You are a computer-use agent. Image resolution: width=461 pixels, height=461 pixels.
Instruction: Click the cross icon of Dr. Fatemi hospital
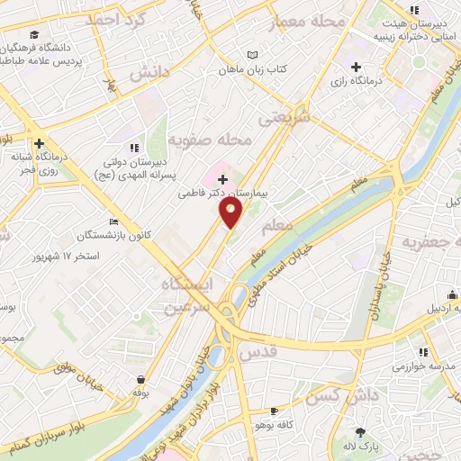[223, 180]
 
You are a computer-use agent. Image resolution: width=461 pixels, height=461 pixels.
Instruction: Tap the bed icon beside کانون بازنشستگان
[113, 221]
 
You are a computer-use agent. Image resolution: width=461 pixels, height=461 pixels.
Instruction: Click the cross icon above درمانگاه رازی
[357, 66]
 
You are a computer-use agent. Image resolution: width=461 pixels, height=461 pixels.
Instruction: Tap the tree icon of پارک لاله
[361, 433]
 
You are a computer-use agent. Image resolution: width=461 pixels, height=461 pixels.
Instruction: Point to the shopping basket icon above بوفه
[141, 380]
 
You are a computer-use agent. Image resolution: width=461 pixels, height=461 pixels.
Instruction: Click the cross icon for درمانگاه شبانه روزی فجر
[39, 143]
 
